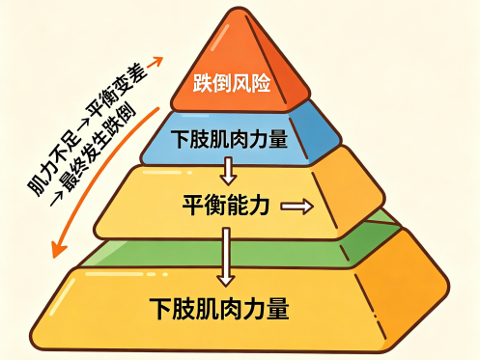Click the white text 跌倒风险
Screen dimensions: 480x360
click(x=232, y=83)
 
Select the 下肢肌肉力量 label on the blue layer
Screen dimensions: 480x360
click(x=229, y=139)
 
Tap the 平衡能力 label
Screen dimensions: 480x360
click(x=226, y=205)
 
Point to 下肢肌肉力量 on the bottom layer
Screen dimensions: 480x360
click(x=219, y=309)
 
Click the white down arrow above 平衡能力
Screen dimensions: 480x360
click(x=229, y=171)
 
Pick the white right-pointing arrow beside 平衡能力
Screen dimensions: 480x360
click(x=297, y=207)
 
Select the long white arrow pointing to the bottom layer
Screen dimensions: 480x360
click(x=226, y=257)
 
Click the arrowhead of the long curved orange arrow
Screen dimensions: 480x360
click(x=58, y=249)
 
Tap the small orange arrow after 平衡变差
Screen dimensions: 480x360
click(x=155, y=62)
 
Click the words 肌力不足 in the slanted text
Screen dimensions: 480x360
click(x=55, y=164)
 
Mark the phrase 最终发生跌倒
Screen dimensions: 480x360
click(x=99, y=148)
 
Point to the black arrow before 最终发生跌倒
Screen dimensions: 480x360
click(x=57, y=199)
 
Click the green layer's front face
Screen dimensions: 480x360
click(x=212, y=254)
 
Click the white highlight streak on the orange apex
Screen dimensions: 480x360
click(x=220, y=38)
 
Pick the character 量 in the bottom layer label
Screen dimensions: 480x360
click(x=277, y=309)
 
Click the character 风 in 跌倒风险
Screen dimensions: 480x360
click(x=241, y=83)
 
